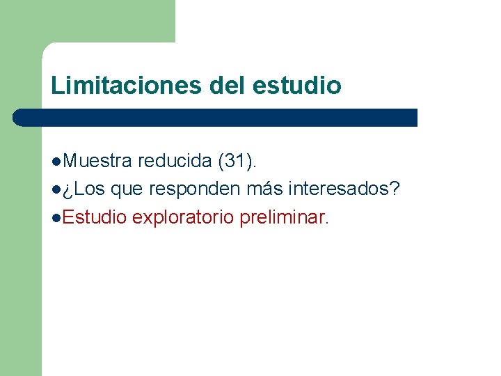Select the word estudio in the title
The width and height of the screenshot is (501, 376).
298,86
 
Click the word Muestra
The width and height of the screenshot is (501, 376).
97,162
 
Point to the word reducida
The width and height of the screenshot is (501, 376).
175,162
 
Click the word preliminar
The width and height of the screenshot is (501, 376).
282,217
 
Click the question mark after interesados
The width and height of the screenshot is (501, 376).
395,189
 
